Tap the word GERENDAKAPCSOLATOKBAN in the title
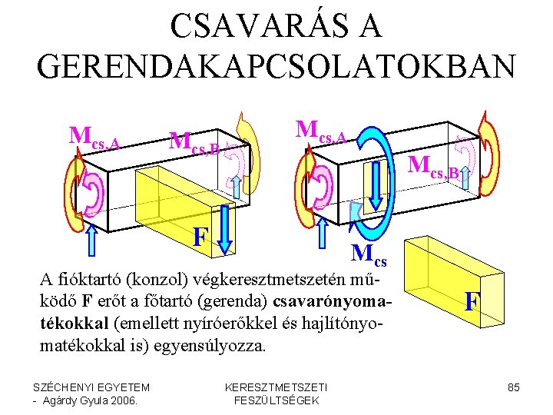click(x=276, y=66)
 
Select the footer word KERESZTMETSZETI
click(x=276, y=387)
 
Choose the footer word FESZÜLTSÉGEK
click(x=276, y=400)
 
